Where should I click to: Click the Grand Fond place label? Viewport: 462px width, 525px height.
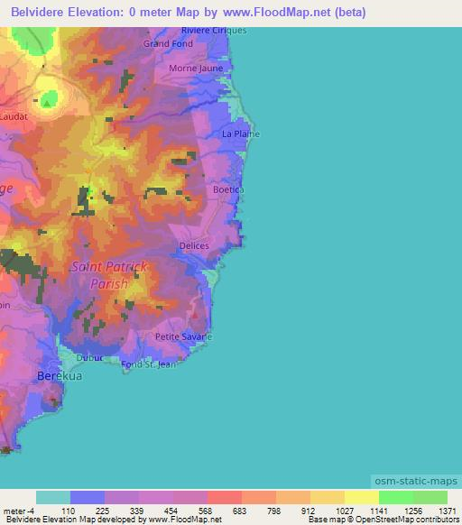tap(168, 43)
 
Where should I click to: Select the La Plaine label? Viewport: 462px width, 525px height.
tap(241, 134)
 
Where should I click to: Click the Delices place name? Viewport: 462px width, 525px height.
tap(194, 245)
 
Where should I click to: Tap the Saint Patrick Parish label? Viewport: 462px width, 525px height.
tap(109, 275)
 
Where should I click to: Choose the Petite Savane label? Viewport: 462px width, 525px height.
tap(183, 336)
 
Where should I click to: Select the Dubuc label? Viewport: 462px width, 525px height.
tap(90, 357)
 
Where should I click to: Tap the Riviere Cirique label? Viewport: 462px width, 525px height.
tap(214, 31)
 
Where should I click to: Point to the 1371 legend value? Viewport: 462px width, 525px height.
tap(447, 511)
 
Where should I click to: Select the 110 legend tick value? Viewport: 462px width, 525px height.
tap(88, 511)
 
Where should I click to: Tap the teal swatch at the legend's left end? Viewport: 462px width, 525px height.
tap(53, 497)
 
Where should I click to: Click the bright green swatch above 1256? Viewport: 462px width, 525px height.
tap(395, 497)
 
